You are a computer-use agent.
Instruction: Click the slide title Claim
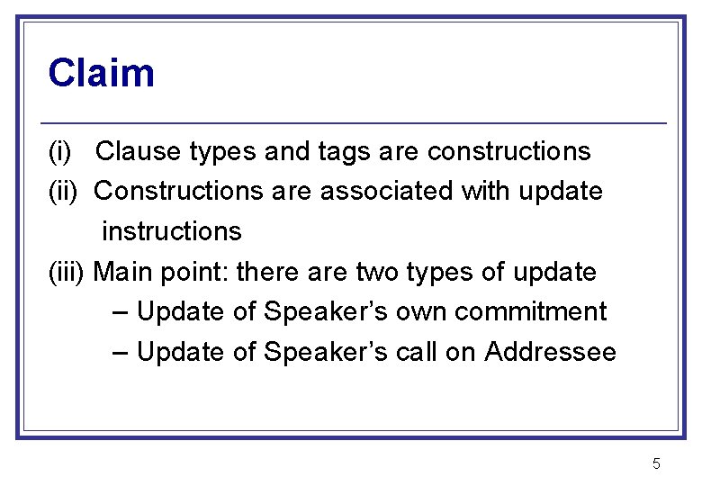(x=101, y=73)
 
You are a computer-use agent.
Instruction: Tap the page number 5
(x=656, y=464)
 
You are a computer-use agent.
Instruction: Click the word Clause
(x=139, y=152)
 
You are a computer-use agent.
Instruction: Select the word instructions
(x=172, y=231)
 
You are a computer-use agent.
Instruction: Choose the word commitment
(x=531, y=311)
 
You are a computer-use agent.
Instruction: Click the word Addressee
(x=550, y=352)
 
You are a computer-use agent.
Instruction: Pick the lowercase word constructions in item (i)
(x=509, y=152)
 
